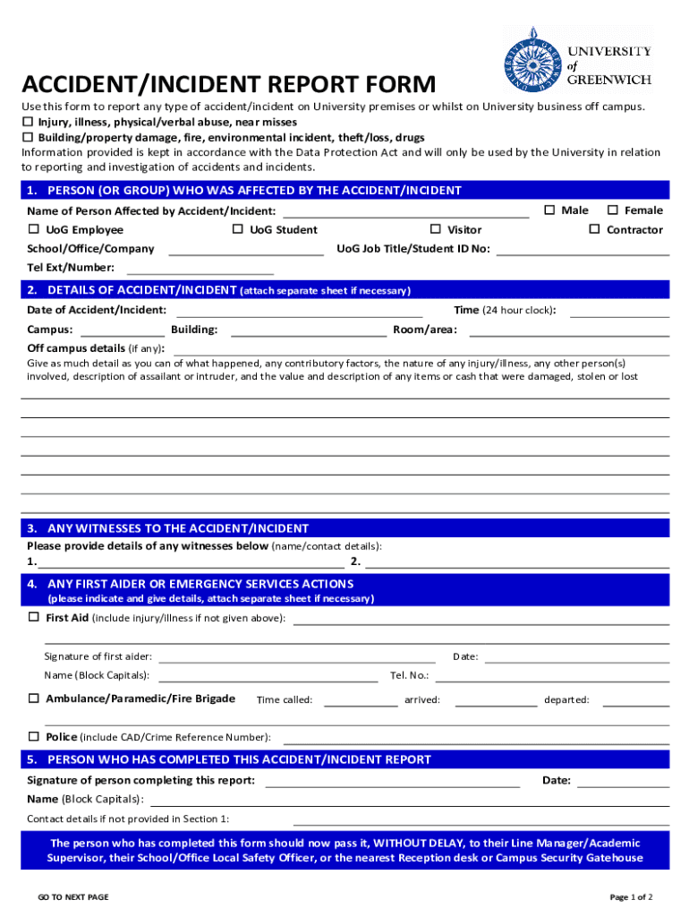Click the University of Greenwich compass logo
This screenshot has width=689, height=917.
(x=535, y=59)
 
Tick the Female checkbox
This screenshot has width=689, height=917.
(x=613, y=210)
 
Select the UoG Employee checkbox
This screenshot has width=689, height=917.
(x=33, y=229)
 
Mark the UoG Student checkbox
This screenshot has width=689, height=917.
(x=237, y=229)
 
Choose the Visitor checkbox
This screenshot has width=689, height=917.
(x=436, y=229)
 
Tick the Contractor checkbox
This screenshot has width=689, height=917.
(x=594, y=229)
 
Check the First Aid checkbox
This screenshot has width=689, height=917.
(x=33, y=617)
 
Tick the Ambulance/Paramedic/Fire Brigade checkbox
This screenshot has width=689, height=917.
(x=33, y=698)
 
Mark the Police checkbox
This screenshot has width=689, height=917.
(x=33, y=736)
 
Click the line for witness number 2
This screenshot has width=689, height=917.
(x=517, y=565)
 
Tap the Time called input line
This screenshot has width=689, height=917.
(x=360, y=703)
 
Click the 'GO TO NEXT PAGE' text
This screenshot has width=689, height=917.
(x=72, y=896)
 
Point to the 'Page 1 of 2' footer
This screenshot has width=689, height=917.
(x=631, y=896)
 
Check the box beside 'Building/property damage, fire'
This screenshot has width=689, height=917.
(x=27, y=137)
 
